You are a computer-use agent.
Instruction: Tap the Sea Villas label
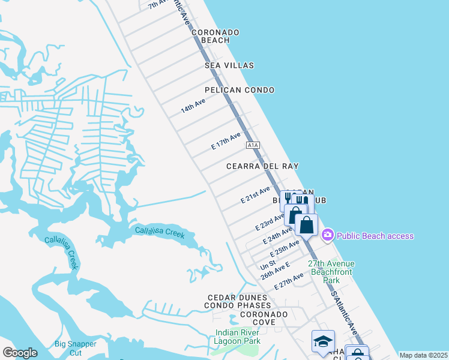tap(229, 65)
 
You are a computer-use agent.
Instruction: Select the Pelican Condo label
tap(240, 90)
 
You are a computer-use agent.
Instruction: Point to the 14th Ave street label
tap(193, 106)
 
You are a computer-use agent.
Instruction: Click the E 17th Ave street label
tap(226, 142)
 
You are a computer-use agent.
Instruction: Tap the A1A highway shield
tap(253, 145)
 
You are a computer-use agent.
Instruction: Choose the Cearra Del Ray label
tap(262, 166)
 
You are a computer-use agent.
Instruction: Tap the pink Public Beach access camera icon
tap(328, 235)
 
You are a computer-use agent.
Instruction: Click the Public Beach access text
tap(375, 236)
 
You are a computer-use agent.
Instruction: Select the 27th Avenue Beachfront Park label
tap(331, 272)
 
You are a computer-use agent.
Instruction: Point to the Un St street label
tap(268, 264)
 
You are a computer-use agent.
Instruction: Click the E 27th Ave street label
tap(289, 281)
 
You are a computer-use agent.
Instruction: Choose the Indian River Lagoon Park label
tap(238, 337)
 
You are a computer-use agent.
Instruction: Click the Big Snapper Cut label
tap(76, 348)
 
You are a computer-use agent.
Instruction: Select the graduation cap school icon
tap(323, 341)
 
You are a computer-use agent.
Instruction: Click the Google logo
tap(20, 352)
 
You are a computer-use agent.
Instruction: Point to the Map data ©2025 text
tap(423, 355)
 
